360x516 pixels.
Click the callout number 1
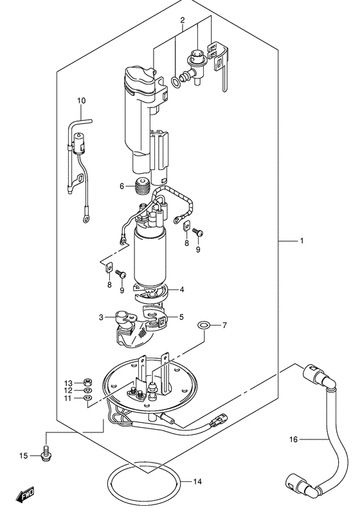tap(301, 241)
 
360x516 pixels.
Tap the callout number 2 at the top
tap(183, 21)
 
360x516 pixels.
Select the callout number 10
tap(81, 100)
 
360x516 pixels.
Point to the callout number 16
tap(294, 439)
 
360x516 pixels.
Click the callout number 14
tap(197, 482)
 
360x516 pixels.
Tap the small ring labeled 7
tap(204, 326)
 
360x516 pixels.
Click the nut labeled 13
tap(87, 383)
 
